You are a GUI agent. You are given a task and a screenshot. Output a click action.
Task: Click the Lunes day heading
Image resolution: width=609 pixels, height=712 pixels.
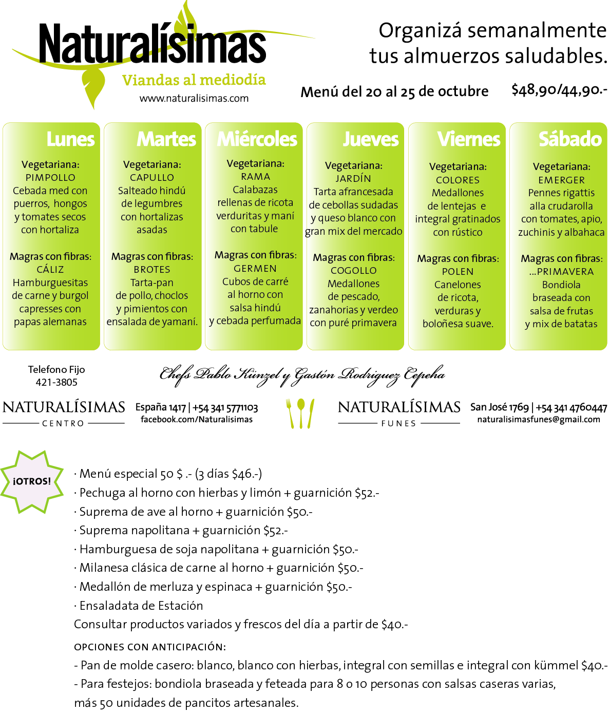(70, 139)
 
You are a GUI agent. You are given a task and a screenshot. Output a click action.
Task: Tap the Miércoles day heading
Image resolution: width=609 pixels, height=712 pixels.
(257, 139)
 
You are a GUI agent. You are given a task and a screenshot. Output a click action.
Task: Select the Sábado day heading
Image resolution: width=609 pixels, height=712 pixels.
(570, 139)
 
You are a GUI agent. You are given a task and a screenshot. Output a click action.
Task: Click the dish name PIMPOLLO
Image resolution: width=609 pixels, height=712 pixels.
(50, 177)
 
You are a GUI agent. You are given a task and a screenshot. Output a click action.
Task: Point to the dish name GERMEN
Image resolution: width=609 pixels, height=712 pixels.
(255, 268)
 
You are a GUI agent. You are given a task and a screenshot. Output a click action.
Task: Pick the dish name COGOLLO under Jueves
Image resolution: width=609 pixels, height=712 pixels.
(354, 270)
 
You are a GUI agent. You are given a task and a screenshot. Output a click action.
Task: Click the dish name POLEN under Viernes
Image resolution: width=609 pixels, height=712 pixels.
(458, 271)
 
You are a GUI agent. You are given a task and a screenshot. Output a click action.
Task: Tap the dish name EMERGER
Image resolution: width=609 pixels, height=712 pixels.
(561, 180)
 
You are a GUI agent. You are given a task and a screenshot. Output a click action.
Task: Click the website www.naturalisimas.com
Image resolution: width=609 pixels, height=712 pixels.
(194, 98)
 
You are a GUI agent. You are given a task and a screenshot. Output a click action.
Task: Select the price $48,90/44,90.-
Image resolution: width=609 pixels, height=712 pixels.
(559, 90)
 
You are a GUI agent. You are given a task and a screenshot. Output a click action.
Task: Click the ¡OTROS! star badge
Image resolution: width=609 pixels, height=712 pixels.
(32, 481)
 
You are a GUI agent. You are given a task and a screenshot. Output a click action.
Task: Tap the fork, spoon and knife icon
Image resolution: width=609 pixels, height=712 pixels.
(300, 414)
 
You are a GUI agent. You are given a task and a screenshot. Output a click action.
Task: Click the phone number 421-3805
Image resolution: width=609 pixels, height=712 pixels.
(56, 382)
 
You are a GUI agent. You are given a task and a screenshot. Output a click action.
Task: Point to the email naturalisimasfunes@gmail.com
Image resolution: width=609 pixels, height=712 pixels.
(539, 419)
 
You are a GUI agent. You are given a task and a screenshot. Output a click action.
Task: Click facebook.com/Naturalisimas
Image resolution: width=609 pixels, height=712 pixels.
(197, 419)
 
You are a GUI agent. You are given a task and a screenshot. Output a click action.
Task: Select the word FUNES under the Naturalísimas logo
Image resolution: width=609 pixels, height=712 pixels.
(398, 423)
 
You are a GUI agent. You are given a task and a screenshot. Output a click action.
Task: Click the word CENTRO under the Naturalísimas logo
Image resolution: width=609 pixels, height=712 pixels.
(63, 423)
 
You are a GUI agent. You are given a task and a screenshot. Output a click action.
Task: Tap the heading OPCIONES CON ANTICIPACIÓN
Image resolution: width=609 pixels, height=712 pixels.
(150, 647)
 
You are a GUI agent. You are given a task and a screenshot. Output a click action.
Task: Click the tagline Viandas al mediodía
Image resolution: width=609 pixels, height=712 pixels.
(194, 80)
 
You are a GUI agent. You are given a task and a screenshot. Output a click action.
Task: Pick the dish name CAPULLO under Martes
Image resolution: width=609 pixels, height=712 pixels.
(152, 177)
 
